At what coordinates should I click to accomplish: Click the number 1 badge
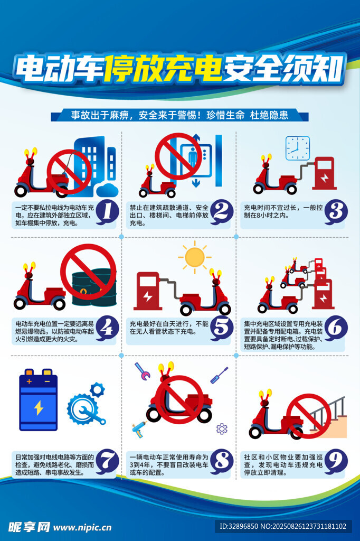tap(107, 212)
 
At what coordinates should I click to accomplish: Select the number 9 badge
tap(336, 461)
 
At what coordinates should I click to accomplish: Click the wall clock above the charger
tap(298, 148)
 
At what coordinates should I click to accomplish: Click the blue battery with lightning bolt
tap(39, 400)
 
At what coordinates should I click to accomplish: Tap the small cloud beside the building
tap(107, 190)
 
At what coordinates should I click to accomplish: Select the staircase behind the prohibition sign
tap(328, 417)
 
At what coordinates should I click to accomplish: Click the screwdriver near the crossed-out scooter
tap(219, 375)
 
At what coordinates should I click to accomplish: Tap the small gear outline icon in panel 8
tap(222, 429)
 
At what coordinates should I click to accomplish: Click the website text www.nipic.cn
tap(82, 528)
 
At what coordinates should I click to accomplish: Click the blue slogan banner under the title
tap(179, 115)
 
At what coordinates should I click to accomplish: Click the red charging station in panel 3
tap(325, 173)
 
